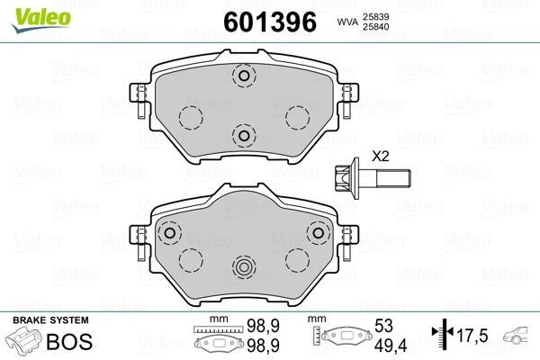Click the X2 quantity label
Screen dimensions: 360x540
click(x=380, y=156)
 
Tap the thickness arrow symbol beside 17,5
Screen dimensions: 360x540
click(x=440, y=336)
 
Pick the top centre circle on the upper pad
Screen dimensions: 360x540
click(x=241, y=77)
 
